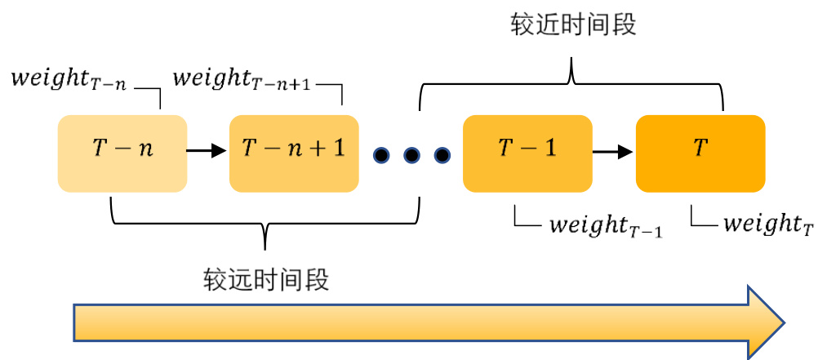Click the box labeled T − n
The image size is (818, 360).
[x=122, y=153]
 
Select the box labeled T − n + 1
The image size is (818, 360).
[x=294, y=153]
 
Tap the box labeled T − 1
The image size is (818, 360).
[x=527, y=153]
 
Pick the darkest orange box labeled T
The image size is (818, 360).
[x=700, y=153]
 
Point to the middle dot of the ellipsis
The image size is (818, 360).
[x=411, y=153]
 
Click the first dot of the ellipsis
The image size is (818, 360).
[x=381, y=153]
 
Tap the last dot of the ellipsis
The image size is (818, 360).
[x=442, y=153]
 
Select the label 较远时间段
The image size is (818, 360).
[x=266, y=281]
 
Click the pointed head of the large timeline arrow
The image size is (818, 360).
[x=767, y=322]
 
